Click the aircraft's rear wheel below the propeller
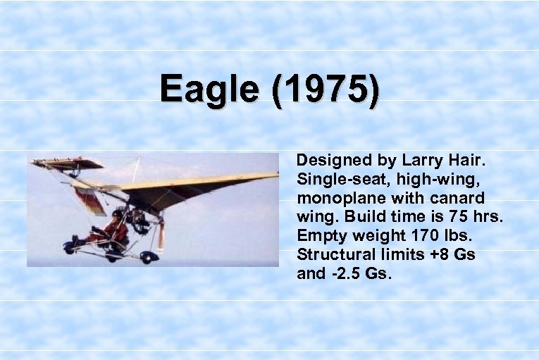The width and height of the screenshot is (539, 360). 149,256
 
